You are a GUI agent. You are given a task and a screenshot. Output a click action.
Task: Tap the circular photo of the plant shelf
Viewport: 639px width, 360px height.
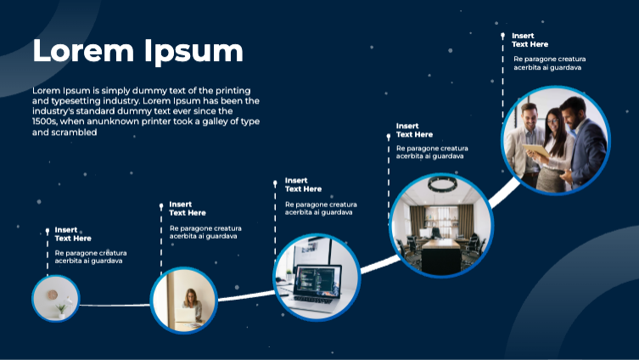(56, 298)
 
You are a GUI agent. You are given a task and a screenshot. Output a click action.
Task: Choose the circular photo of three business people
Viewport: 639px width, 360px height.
(555, 140)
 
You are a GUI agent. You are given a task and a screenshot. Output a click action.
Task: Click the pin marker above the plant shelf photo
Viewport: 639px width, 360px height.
(48, 229)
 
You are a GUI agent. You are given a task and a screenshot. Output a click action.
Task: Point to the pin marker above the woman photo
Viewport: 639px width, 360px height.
(161, 205)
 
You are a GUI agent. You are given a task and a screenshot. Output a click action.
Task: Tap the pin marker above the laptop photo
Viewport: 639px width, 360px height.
(275, 183)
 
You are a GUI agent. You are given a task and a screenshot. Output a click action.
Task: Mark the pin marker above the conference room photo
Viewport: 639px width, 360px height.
(389, 136)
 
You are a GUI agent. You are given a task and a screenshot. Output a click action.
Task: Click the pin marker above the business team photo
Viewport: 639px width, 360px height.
(503, 36)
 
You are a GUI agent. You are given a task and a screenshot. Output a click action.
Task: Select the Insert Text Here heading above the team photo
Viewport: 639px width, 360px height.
(530, 40)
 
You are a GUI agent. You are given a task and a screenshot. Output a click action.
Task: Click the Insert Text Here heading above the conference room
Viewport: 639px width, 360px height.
(414, 130)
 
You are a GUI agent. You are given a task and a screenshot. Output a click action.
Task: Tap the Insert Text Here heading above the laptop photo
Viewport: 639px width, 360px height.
(303, 184)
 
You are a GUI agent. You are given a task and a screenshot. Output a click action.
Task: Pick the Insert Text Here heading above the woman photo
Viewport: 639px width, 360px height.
(188, 208)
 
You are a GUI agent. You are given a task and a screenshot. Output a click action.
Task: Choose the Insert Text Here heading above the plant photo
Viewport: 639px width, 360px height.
(73, 233)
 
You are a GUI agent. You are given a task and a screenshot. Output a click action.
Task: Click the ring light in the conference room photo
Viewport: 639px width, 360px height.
(441, 183)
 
